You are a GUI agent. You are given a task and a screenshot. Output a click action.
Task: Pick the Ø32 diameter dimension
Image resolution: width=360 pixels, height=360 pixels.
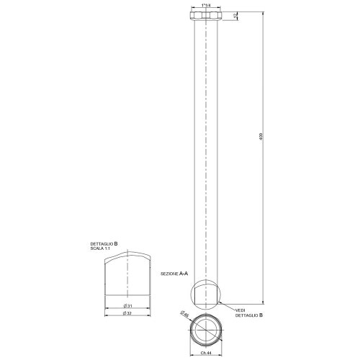click(x=128, y=313)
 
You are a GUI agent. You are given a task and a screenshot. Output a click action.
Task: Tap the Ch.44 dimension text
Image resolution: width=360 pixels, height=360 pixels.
click(x=206, y=352)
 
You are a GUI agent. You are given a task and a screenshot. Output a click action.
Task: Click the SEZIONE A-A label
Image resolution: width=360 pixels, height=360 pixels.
click(x=173, y=274)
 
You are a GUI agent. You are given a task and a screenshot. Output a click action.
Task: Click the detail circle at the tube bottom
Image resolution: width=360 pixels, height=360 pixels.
click(x=207, y=292)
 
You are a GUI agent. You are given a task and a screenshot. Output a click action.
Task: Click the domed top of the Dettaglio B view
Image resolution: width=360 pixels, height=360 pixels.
click(x=127, y=258)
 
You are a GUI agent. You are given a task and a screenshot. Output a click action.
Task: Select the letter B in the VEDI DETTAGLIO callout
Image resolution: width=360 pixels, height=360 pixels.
click(x=261, y=315)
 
